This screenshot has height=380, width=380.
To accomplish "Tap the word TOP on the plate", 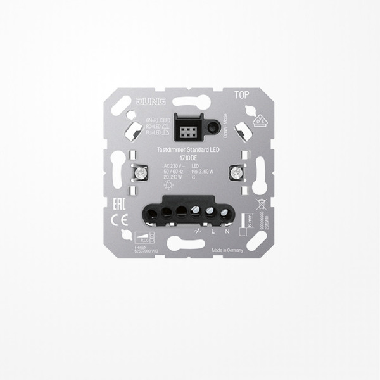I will pyautogui.click(x=241, y=96).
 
